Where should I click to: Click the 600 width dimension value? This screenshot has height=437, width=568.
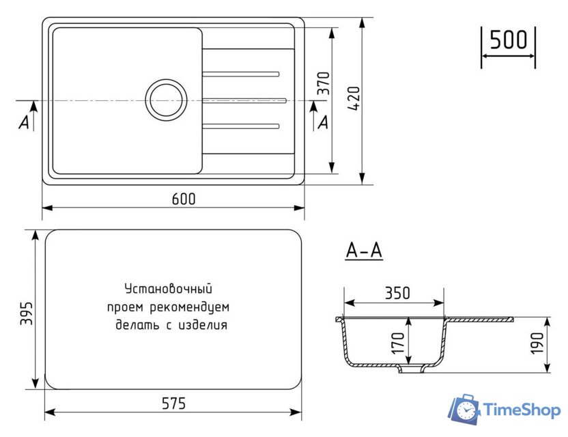point(184,199)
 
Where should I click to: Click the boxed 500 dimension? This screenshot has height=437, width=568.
point(509,40)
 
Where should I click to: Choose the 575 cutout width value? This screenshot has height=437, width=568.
point(174,404)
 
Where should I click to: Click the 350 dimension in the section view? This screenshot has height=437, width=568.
point(397,294)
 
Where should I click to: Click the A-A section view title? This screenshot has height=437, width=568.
point(364,251)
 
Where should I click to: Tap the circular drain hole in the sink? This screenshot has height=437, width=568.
point(164,98)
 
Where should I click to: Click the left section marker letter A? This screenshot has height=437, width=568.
point(25,122)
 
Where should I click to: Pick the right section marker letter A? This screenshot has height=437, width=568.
point(323,122)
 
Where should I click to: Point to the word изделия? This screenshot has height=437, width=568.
point(203,325)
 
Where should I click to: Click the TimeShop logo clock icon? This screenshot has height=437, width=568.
point(465,410)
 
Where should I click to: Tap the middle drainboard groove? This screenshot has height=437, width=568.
point(244,99)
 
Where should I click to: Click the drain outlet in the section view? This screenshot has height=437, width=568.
point(410,370)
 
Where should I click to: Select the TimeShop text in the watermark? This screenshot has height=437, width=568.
point(522,410)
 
